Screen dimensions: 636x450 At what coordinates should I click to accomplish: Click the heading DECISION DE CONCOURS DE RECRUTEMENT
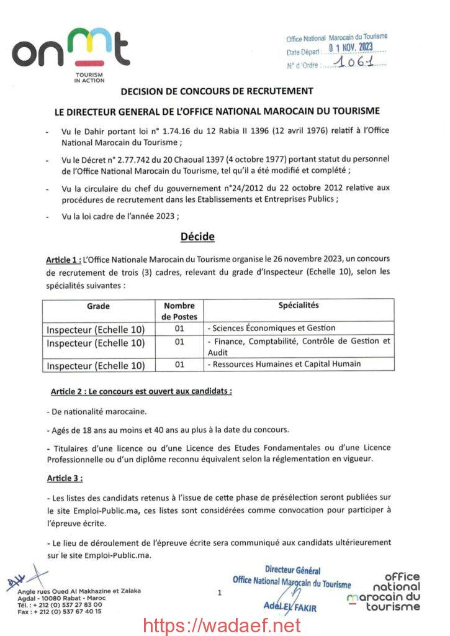tap(216, 91)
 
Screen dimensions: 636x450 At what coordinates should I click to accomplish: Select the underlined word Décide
tap(197, 236)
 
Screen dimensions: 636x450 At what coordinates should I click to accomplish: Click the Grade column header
tap(98, 306)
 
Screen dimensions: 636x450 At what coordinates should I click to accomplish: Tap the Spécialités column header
tap(298, 305)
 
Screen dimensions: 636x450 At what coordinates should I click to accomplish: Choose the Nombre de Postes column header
tap(179, 311)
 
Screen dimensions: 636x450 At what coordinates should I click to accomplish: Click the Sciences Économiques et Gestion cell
tap(273, 328)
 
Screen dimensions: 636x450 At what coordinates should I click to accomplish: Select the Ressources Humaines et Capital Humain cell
tap(286, 364)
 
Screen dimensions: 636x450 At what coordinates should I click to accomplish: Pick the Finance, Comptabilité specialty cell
tap(299, 346)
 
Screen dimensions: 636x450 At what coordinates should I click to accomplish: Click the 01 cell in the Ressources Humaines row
tap(179, 365)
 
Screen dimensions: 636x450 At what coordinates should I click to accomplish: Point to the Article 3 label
tap(65, 478)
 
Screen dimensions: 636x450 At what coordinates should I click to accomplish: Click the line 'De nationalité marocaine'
tap(97, 412)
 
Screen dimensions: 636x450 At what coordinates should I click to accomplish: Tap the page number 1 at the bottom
tap(220, 593)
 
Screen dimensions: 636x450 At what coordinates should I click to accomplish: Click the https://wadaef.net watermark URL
tap(222, 625)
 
